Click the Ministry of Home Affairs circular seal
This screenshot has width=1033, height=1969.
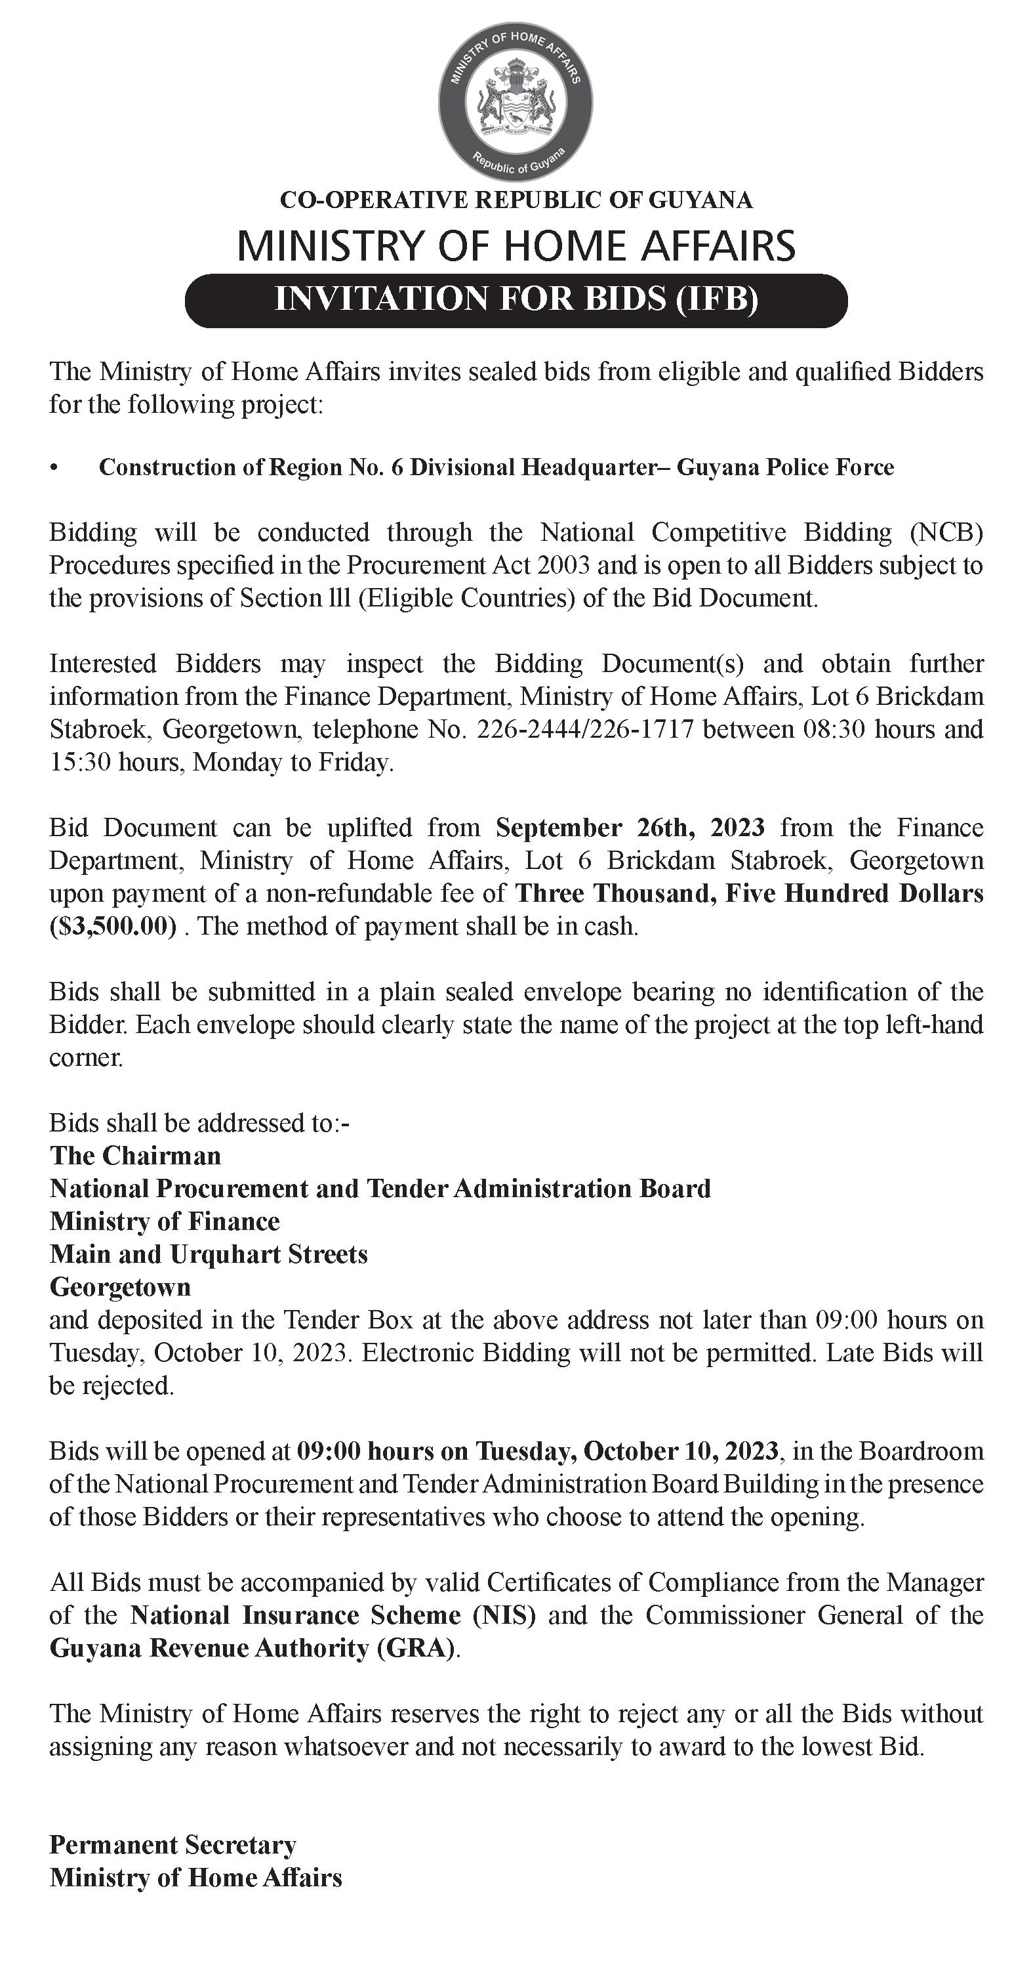[516, 102]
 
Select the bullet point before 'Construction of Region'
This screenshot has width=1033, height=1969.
[54, 468]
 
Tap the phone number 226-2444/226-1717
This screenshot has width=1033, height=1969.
[584, 729]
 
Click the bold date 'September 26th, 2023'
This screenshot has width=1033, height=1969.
[630, 828]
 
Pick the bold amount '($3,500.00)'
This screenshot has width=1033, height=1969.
[113, 926]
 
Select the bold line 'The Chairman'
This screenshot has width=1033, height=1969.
[135, 1156]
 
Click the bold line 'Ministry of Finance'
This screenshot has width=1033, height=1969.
[164, 1221]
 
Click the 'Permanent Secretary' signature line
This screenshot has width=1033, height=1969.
[172, 1845]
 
